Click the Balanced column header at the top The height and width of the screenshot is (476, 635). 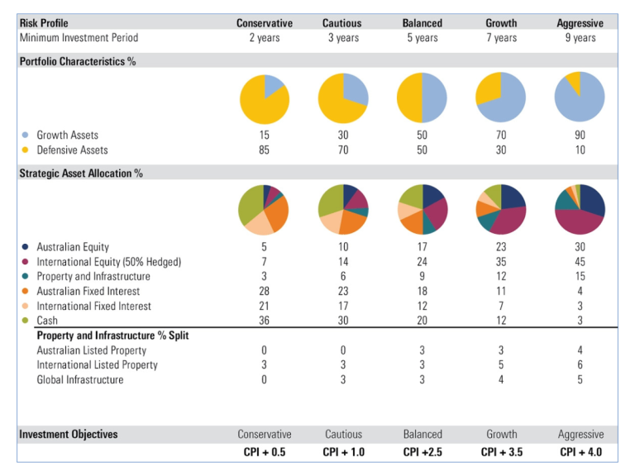click(422, 23)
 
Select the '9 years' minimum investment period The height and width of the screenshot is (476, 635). click(580, 38)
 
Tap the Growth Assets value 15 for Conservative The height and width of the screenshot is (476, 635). click(264, 136)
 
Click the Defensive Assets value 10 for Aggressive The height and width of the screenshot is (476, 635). click(580, 150)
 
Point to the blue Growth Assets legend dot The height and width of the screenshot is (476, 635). click(25, 136)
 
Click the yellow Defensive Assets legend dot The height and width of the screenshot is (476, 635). click(25, 150)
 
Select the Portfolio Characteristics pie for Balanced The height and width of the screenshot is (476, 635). click(422, 98)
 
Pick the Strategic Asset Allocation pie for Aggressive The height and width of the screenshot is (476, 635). click(580, 209)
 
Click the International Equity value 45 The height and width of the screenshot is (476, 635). click(580, 262)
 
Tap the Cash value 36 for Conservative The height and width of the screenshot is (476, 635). click(264, 321)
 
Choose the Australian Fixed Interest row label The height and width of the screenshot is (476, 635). click(88, 292)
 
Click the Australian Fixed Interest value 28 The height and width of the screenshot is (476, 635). click(264, 292)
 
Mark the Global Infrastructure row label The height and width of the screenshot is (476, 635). click(80, 380)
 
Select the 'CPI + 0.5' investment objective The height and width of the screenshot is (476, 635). click(264, 452)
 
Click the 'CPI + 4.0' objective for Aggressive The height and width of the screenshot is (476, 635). click(580, 452)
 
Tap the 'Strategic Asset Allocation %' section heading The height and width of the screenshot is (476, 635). click(81, 174)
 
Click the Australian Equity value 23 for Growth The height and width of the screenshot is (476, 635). click(501, 247)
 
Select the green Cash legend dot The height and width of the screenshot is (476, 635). click(25, 321)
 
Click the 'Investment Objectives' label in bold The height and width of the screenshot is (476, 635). click(69, 435)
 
